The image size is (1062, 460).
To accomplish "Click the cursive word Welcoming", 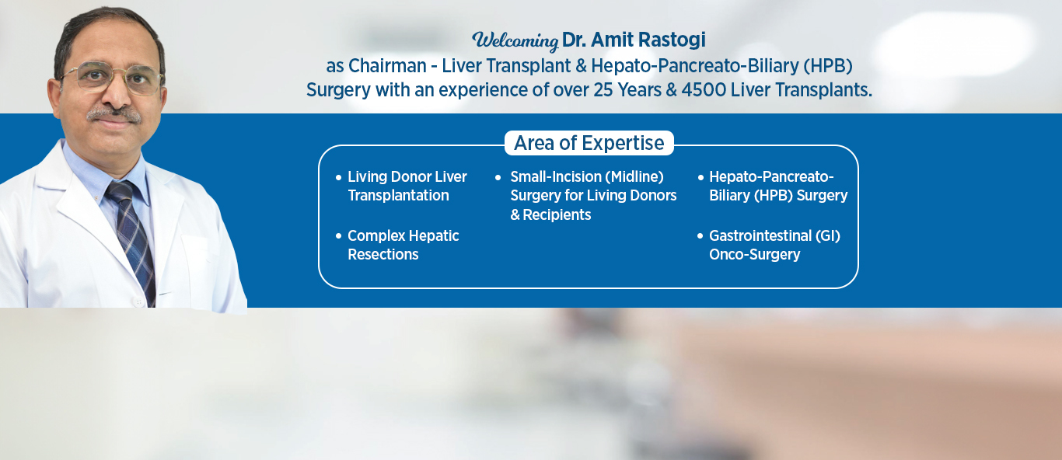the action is (x=515, y=40).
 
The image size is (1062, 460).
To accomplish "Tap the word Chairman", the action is (x=387, y=66).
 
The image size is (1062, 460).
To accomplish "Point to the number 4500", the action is (x=704, y=90).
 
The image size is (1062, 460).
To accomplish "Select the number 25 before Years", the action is (x=603, y=90).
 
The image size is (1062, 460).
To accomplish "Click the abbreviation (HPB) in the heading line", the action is (x=828, y=66).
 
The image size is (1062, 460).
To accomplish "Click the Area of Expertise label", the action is (x=589, y=143).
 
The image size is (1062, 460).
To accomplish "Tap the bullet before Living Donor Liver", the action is (x=338, y=178).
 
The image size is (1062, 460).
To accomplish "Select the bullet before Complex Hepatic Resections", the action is (x=338, y=236).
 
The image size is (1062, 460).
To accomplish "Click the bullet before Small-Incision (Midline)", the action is (x=498, y=178).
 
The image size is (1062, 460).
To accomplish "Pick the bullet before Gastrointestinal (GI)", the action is (x=700, y=236).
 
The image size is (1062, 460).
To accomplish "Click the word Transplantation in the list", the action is (x=398, y=196).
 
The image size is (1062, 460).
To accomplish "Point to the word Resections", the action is (x=383, y=254).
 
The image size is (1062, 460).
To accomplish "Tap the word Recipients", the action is (x=557, y=215).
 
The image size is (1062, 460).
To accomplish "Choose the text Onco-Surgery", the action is (x=755, y=255).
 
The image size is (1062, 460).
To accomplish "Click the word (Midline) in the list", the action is (x=637, y=176).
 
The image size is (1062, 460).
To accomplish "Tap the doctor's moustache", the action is (x=114, y=114).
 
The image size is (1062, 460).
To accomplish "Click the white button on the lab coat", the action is (x=138, y=301).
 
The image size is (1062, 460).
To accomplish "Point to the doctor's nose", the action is (x=115, y=92).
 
